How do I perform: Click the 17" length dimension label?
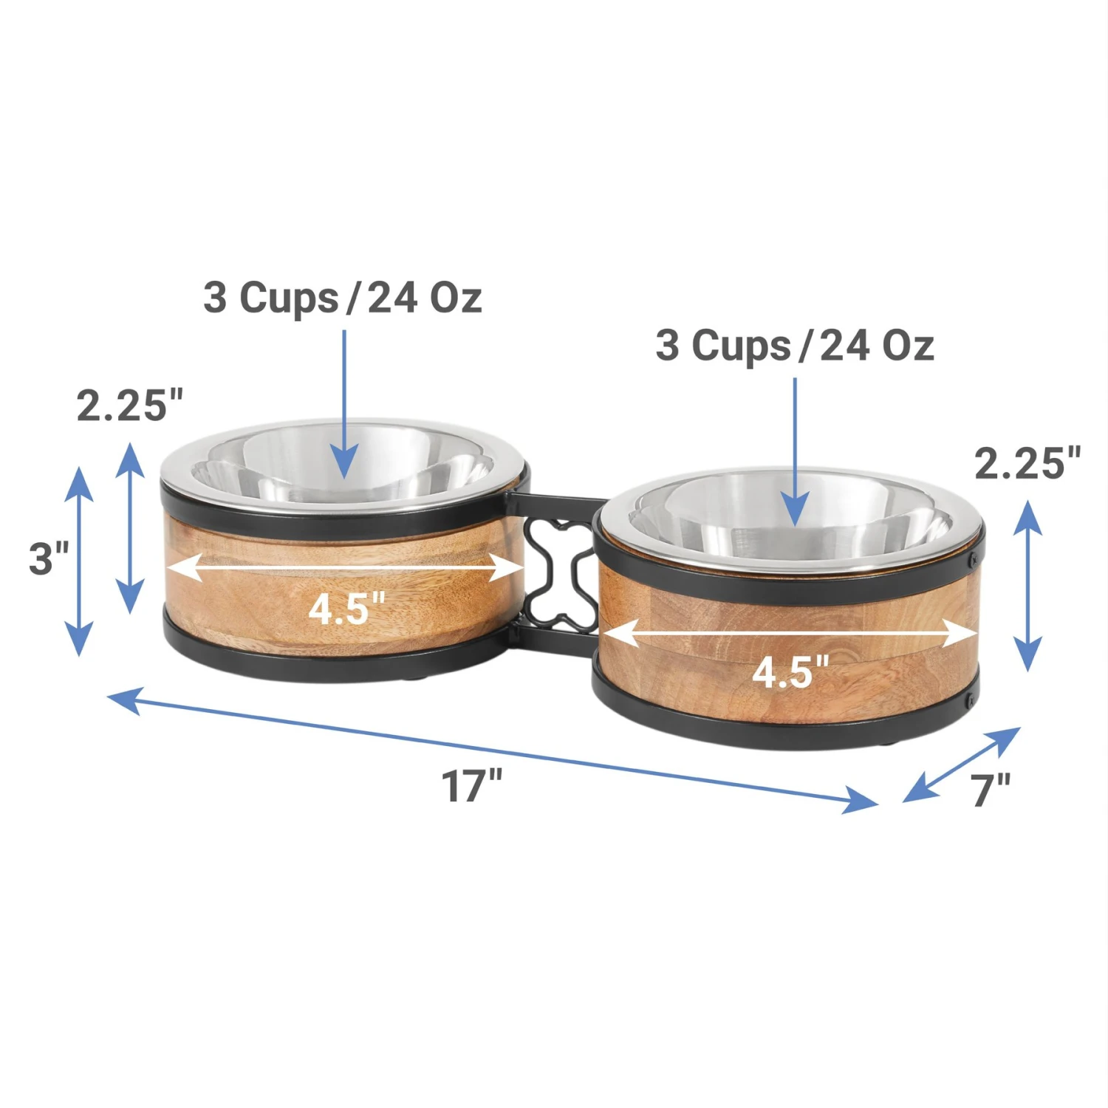tap(471, 785)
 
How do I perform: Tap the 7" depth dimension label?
tap(991, 790)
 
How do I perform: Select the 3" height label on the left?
tap(49, 558)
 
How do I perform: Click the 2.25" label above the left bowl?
tap(130, 406)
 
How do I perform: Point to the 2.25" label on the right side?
tap(1027, 463)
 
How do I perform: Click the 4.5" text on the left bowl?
tap(346, 609)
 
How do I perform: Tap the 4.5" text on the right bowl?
tap(790, 672)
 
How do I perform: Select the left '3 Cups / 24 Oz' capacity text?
tap(343, 297)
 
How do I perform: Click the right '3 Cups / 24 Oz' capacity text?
tap(795, 345)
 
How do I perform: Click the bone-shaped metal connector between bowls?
tap(561, 576)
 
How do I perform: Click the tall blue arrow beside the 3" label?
tap(79, 561)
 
